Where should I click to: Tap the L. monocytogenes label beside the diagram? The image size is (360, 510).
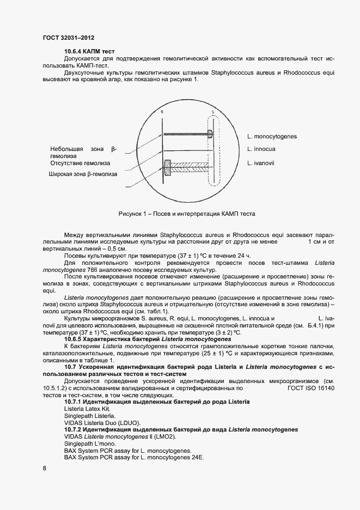point(271,136)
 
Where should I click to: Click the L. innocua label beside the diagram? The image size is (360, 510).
point(261,149)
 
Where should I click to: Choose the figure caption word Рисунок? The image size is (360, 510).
point(131,214)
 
